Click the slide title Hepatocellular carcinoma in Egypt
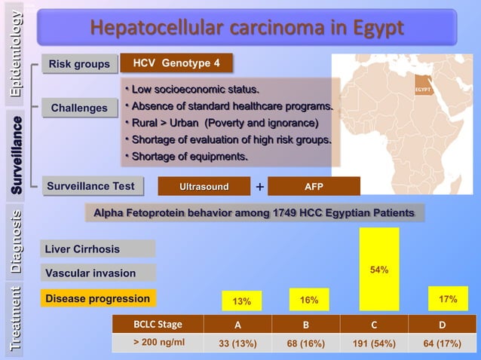247,27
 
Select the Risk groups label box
79,65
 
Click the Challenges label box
79,108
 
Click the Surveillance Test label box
90,186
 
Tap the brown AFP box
314,186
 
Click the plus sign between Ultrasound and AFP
259,187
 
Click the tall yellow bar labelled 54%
379,269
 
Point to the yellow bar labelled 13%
241,301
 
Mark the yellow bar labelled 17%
448,298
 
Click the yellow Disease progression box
98,299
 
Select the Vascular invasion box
98,273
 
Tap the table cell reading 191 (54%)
374,343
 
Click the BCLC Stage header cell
158,325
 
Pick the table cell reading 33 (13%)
237,343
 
